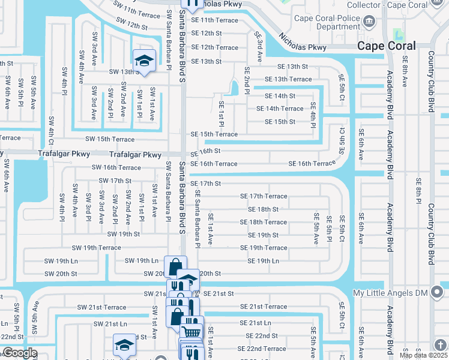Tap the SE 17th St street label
pyautogui.click(x=206, y=184)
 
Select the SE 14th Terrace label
pyautogui.click(x=280, y=109)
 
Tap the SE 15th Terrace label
pyautogui.click(x=214, y=134)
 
